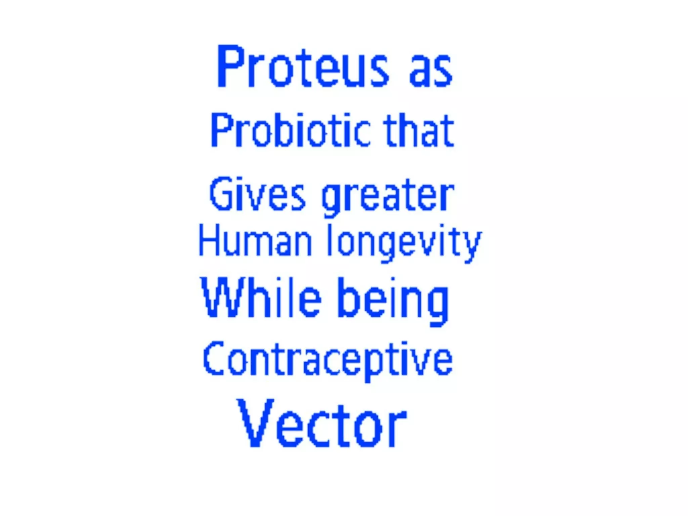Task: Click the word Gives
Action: pyautogui.click(x=257, y=194)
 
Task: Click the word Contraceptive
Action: pyautogui.click(x=328, y=359)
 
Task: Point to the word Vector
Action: pyautogui.click(x=322, y=423)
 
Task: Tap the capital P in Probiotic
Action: pyautogui.click(x=221, y=130)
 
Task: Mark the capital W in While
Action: pyautogui.click(x=220, y=298)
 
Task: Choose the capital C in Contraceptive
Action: pyautogui.click(x=214, y=358)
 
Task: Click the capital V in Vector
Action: pyautogui.click(x=255, y=423)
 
